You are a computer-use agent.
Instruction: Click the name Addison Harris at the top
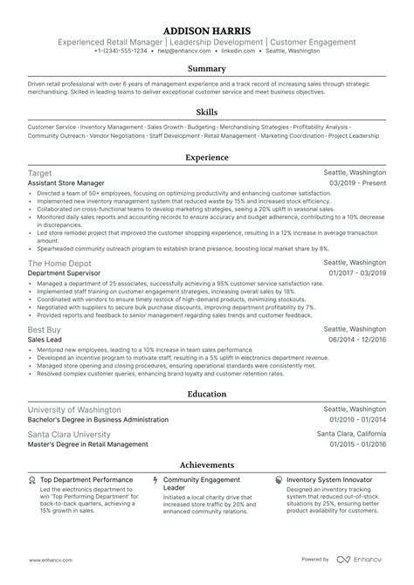[x=207, y=30]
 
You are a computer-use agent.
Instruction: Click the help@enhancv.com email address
[x=182, y=52]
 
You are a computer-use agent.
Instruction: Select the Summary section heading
[x=207, y=69]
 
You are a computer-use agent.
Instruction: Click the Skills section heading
[x=207, y=112]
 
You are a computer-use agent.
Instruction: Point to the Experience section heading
[x=207, y=157]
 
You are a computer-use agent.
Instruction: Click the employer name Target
[x=39, y=174]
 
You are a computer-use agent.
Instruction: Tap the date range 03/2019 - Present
[x=355, y=184]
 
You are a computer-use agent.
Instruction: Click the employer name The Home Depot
[x=57, y=262]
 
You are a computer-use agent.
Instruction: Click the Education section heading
[x=207, y=393]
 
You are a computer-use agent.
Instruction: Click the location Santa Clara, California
[x=351, y=434]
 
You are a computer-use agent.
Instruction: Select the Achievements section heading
[x=207, y=465]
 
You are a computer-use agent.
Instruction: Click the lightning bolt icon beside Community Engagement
[x=155, y=480]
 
